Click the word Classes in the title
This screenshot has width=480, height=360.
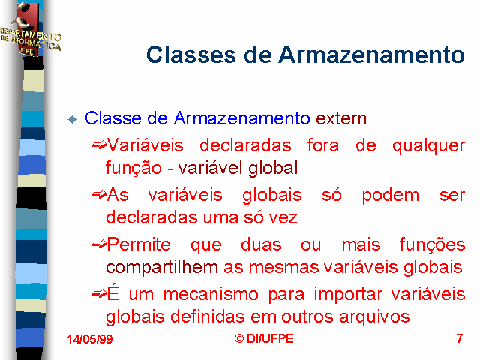[191, 55]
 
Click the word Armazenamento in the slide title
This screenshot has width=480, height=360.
[372, 55]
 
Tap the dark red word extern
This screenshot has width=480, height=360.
[341, 118]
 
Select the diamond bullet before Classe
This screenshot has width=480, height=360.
[73, 119]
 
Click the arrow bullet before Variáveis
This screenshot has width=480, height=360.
[99, 145]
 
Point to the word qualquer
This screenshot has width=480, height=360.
[428, 146]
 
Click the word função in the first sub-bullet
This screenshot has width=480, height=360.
[133, 168]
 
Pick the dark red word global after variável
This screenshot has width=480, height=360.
[273, 168]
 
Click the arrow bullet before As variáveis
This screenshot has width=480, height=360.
[99, 195]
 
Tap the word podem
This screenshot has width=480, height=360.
[390, 195]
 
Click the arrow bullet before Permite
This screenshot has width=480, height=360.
[99, 244]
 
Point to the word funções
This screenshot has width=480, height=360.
[432, 244]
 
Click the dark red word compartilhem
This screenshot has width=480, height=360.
[162, 267]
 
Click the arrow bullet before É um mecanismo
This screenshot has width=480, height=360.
[99, 294]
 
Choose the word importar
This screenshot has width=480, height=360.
[348, 295]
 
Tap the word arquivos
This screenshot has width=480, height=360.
[374, 316]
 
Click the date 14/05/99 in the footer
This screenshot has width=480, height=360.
[90, 339]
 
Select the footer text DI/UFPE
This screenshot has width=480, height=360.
[270, 338]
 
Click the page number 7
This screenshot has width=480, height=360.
[459, 338]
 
